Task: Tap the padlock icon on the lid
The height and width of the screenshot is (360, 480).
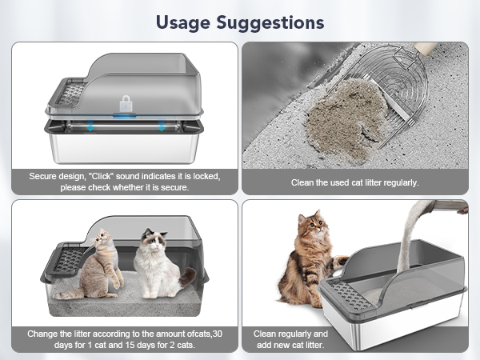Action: (126, 104)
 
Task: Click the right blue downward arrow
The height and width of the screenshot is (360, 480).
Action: (162, 126)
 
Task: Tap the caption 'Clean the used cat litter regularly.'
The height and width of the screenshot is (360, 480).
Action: (355, 182)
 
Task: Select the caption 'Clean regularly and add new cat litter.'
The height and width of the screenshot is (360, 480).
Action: (290, 338)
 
